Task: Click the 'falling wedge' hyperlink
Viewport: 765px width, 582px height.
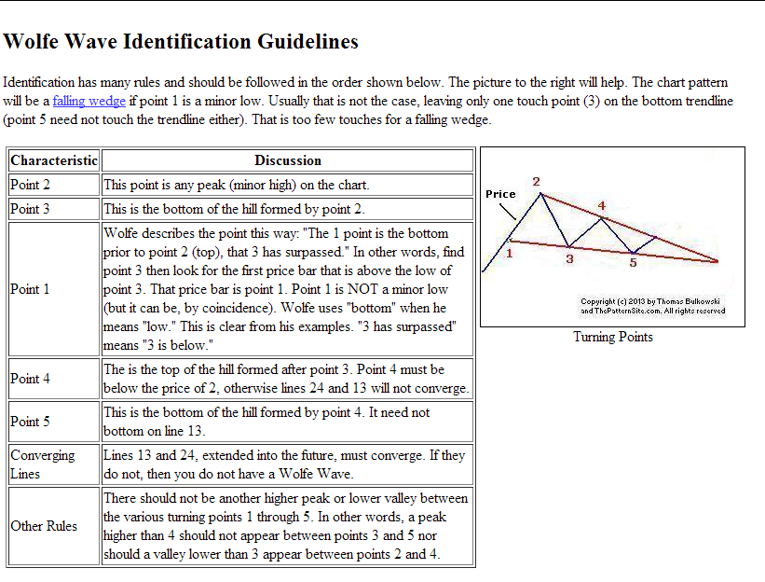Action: tap(89, 102)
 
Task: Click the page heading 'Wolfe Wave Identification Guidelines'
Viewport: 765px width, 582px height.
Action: tap(181, 42)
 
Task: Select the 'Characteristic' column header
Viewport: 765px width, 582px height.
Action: tap(54, 160)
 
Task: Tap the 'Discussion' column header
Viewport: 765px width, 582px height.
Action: tap(288, 160)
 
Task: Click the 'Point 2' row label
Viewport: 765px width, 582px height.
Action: tap(31, 185)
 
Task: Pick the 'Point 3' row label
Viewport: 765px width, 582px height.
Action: tap(31, 209)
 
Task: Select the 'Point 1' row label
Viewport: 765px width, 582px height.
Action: tap(31, 289)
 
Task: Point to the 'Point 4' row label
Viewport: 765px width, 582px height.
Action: tap(31, 379)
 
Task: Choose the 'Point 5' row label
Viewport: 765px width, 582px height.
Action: tap(31, 422)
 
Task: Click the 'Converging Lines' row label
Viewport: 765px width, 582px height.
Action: tap(43, 464)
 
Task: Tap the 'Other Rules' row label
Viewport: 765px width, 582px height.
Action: tap(44, 526)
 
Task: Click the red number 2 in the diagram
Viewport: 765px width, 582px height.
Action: tap(536, 181)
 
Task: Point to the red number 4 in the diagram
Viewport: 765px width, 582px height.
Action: tap(602, 205)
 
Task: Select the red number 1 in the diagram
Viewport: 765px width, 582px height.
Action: tap(510, 252)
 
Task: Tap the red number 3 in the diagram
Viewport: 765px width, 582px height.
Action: tap(569, 259)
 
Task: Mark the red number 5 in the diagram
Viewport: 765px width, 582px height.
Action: tap(633, 262)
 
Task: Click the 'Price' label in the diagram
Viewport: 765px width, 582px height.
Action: tap(500, 194)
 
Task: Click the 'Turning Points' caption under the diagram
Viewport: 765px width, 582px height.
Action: tap(612, 337)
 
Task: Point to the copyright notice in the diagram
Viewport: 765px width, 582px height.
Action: tap(652, 306)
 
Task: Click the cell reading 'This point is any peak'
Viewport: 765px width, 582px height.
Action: tap(237, 185)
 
